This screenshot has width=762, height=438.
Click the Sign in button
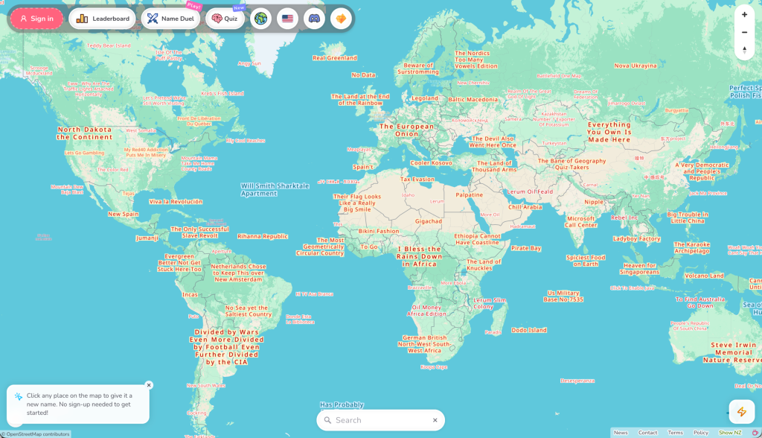36,19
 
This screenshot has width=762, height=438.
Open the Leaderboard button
102,19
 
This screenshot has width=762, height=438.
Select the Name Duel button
170,19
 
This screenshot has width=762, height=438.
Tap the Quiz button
225,19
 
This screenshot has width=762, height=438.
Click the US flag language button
287,19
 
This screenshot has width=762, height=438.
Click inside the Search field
381,420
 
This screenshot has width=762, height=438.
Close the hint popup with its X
149,385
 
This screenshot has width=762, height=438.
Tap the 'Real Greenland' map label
335,57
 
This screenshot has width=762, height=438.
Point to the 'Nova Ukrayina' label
635,66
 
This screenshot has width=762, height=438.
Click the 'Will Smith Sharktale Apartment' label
275,189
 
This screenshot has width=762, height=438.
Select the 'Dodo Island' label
529,330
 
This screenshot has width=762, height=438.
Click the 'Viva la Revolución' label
176,202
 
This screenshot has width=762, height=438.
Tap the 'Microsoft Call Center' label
581,222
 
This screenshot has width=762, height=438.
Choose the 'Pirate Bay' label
526,248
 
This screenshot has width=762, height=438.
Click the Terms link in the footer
675,433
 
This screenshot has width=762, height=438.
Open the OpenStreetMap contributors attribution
37,434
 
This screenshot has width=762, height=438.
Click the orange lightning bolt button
741,411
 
